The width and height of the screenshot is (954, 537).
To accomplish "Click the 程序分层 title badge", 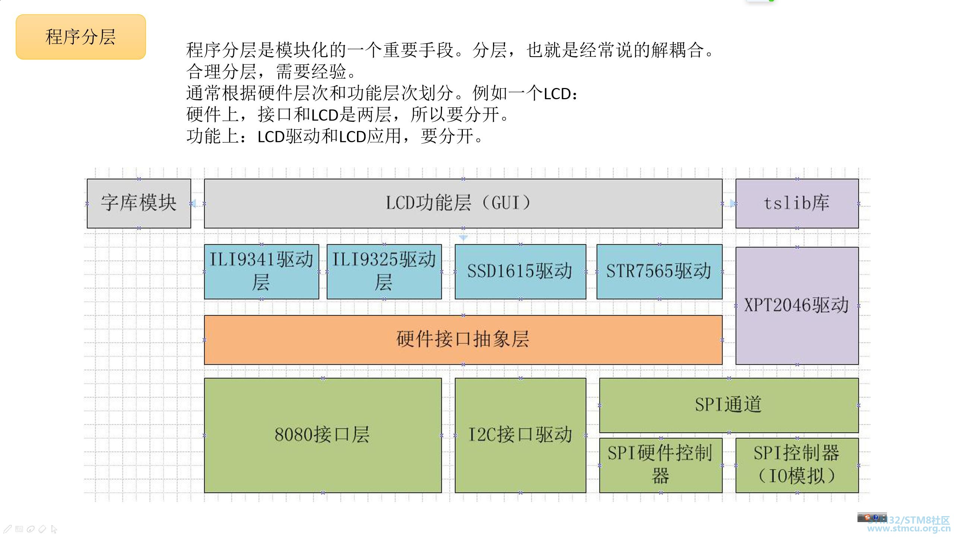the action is tap(80, 37).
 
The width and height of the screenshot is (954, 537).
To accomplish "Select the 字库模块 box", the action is tap(139, 204).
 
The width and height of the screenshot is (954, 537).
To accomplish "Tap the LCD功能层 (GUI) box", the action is tap(463, 204).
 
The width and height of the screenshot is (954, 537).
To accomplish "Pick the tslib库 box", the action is tap(797, 204).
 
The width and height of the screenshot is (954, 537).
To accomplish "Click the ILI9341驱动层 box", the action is tap(262, 271).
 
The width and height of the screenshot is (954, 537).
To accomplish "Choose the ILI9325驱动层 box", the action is tap(384, 271).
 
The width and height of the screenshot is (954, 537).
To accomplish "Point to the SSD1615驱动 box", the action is tap(521, 271).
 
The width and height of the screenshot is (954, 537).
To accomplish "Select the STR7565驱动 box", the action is tap(660, 271).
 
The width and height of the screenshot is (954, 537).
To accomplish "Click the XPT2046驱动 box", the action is tap(797, 306).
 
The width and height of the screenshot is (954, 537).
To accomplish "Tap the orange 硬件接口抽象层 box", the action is tap(463, 340).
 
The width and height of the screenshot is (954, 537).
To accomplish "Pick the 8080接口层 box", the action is tap(323, 436).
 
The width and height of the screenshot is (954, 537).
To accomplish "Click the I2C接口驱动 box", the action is tap(521, 436).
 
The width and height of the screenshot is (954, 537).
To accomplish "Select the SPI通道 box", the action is tap(729, 405).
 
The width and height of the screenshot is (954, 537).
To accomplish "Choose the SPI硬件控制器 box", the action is tap(661, 465).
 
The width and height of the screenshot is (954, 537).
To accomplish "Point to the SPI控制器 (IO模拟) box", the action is tap(797, 465).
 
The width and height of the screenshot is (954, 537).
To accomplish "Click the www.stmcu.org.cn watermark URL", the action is tap(909, 528).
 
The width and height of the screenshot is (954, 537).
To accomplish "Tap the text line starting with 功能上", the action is tap(335, 136).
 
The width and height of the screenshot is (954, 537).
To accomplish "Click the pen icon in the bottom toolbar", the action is tap(8, 529).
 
